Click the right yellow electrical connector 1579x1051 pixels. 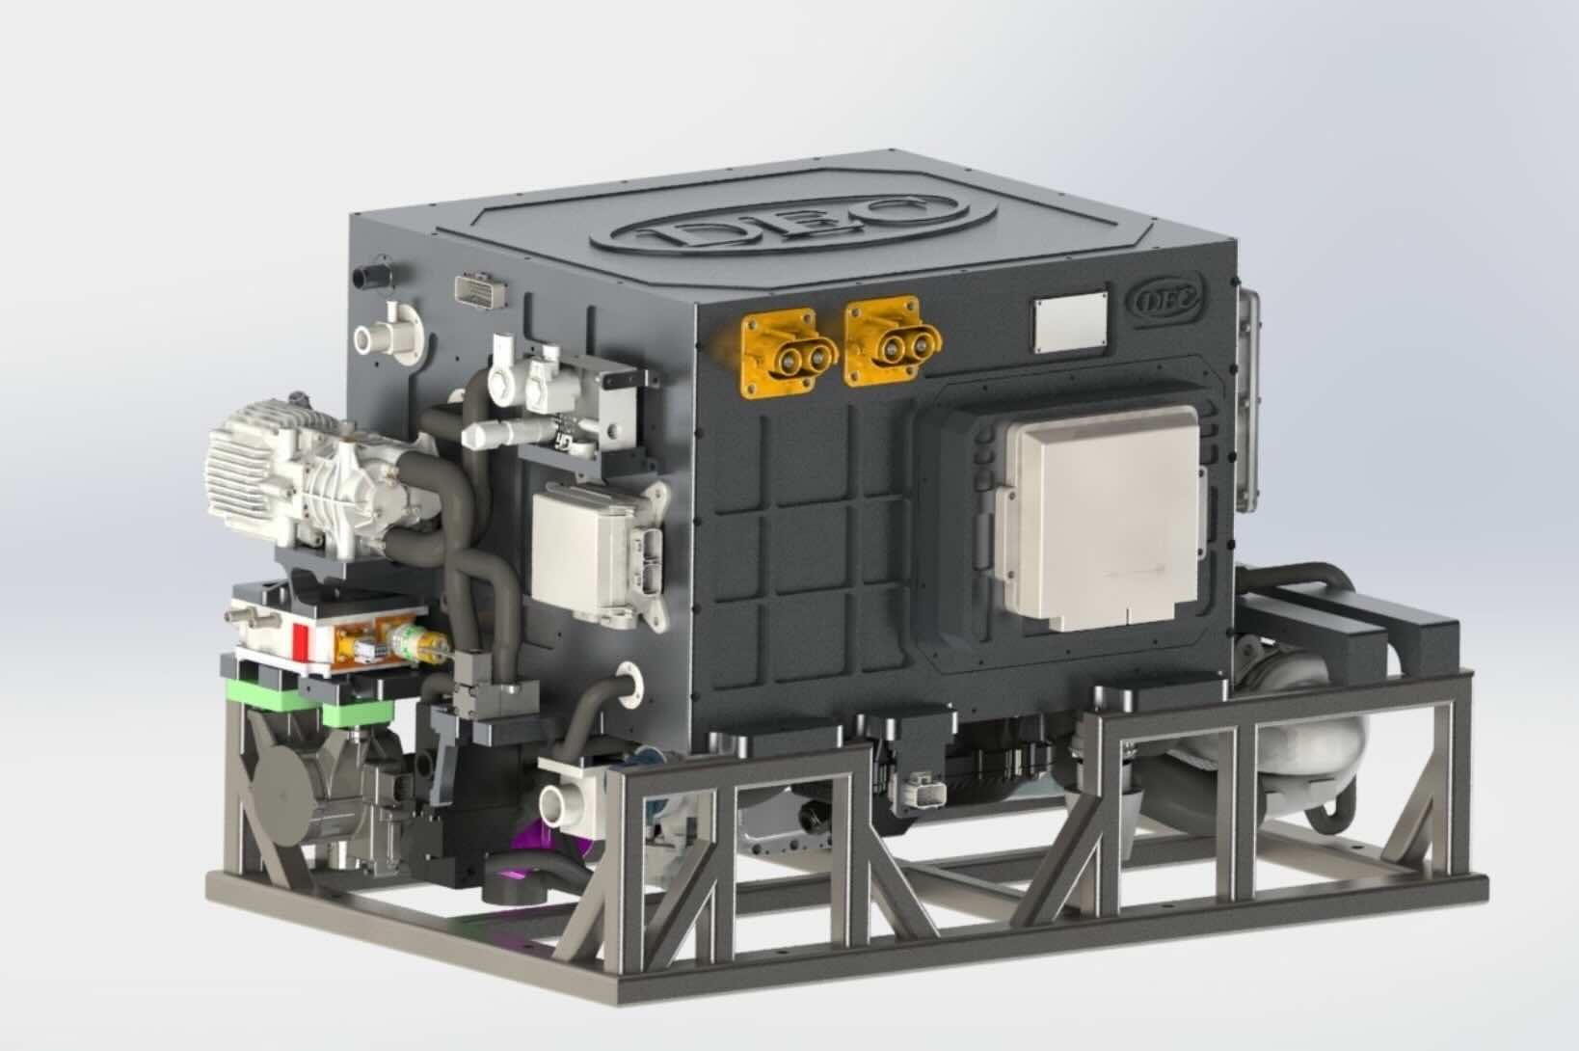point(893,341)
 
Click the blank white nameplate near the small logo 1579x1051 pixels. point(1070,323)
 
